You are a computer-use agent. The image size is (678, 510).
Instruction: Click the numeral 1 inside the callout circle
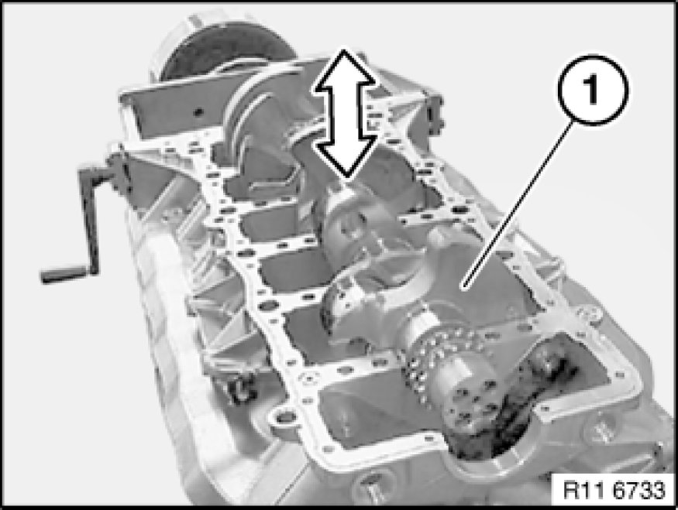click(591, 90)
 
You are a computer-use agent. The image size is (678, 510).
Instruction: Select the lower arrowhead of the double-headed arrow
click(344, 159)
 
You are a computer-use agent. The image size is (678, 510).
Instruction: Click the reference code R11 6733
click(614, 490)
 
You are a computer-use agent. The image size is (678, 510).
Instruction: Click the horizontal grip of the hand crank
click(65, 273)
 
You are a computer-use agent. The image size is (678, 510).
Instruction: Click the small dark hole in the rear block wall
click(198, 113)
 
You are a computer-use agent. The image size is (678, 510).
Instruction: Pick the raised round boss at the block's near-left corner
click(284, 418)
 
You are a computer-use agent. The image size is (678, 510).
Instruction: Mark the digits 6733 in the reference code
click(639, 490)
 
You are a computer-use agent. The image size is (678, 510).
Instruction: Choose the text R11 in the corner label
click(585, 490)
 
